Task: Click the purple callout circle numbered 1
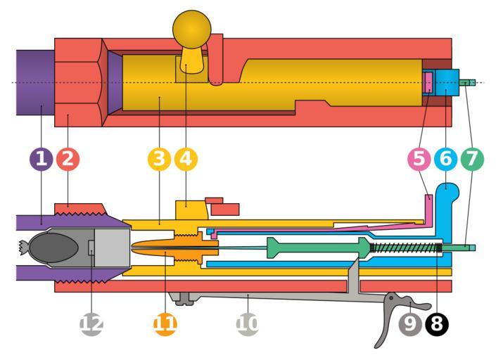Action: [41, 159]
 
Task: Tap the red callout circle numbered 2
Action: [68, 159]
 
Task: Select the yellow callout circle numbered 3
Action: [160, 159]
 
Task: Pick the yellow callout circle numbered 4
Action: [186, 159]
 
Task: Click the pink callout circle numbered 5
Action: [419, 159]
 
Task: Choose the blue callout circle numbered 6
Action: [445, 159]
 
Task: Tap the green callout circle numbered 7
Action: [472, 159]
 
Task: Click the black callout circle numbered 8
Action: [436, 324]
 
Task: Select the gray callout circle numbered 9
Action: [410, 324]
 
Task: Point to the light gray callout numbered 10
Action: [248, 324]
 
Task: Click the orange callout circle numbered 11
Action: [164, 324]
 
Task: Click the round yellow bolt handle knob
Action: [191, 28]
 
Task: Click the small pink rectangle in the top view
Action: [427, 83]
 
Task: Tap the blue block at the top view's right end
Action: [446, 84]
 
